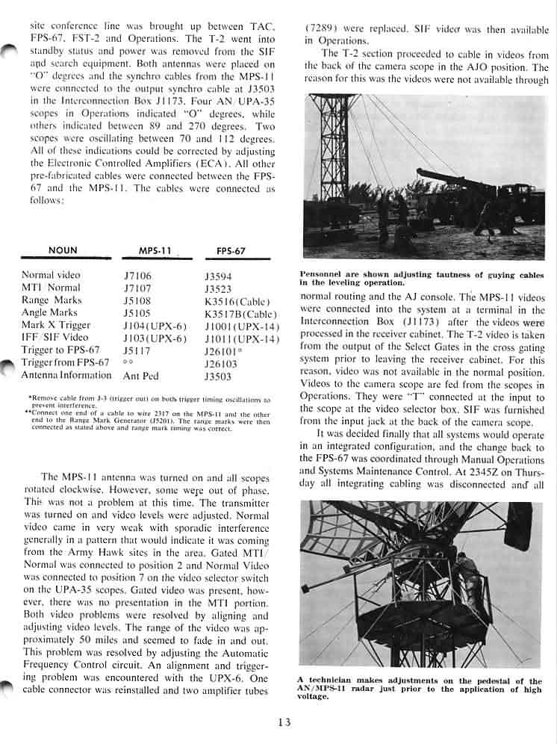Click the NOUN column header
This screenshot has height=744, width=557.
[x=62, y=250]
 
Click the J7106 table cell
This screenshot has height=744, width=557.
[x=137, y=276]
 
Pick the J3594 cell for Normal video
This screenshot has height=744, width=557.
[x=218, y=276]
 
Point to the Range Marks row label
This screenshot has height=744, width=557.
[x=52, y=300]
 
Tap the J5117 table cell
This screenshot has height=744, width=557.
[x=137, y=350]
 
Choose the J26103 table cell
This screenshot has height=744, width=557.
[x=221, y=363]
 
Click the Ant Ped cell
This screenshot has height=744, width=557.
[x=141, y=376]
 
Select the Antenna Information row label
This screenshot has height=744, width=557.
[x=66, y=376]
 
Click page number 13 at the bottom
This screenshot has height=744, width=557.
[x=282, y=722]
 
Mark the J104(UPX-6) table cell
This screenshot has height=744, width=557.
[x=155, y=326]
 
